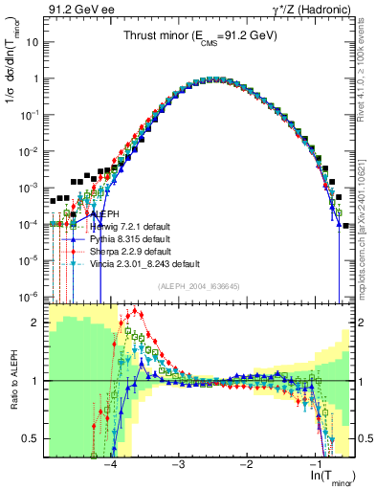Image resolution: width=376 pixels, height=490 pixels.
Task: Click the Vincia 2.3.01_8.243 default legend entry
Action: (144, 263)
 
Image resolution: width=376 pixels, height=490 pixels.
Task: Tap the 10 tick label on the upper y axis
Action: (33, 42)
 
